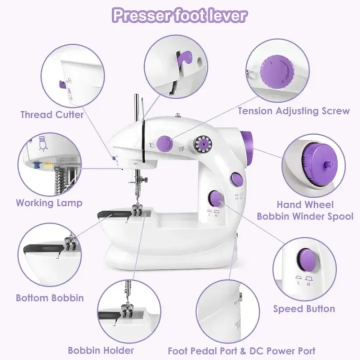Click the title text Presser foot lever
(180, 15)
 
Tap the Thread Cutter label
(52, 114)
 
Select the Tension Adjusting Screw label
(293, 111)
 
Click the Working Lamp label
(49, 203)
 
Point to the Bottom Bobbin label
(50, 298)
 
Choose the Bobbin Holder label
(101, 350)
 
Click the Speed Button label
(304, 309)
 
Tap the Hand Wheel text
(305, 204)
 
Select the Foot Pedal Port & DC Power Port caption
(241, 351)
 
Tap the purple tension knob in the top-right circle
(277, 72)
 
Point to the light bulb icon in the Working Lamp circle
(42, 144)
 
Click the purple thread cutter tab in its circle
(62, 84)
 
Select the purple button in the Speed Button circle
(308, 258)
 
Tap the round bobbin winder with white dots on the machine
(202, 144)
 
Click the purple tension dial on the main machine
(164, 144)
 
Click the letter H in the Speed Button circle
(308, 284)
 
